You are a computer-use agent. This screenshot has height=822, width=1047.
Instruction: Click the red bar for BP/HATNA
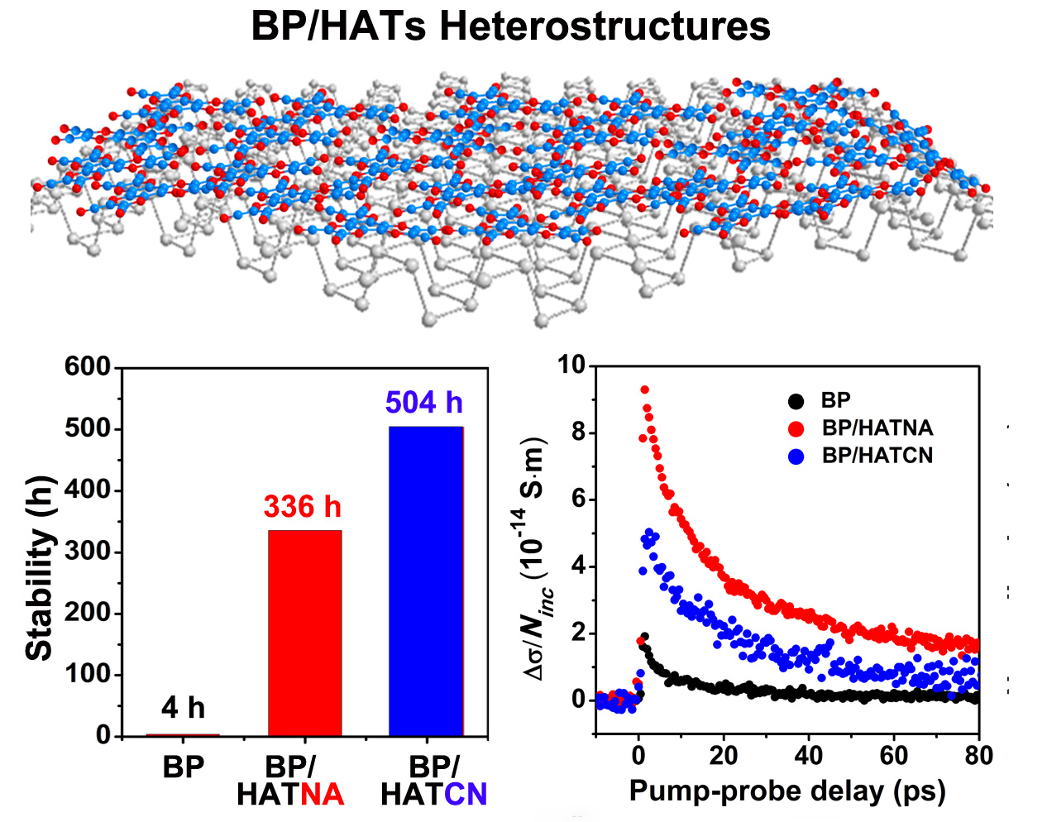click(x=305, y=633)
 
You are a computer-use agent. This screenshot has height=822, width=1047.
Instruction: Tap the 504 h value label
click(x=424, y=403)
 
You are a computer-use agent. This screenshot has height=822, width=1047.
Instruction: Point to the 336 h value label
click(x=302, y=506)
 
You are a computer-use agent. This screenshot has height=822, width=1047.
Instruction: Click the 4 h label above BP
click(x=183, y=708)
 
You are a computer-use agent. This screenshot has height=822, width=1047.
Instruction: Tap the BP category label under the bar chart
click(x=183, y=767)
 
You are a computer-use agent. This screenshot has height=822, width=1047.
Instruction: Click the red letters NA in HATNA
click(x=323, y=795)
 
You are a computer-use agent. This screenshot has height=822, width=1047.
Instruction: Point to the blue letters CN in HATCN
click(x=466, y=795)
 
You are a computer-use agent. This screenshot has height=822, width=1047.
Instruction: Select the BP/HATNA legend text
click(x=877, y=428)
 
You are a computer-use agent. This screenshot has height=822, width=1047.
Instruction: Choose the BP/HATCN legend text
click(x=877, y=456)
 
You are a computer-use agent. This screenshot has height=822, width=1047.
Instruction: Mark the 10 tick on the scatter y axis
click(x=571, y=365)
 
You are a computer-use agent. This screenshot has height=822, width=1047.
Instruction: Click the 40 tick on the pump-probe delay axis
click(x=808, y=756)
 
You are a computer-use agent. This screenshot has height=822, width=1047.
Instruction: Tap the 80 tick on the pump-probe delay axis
click(x=978, y=756)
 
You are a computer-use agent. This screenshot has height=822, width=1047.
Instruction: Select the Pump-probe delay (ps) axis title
click(x=786, y=791)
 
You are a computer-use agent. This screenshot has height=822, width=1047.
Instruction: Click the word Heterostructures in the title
click(x=605, y=26)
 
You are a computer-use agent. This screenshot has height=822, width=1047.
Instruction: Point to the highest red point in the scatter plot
click(x=645, y=389)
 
